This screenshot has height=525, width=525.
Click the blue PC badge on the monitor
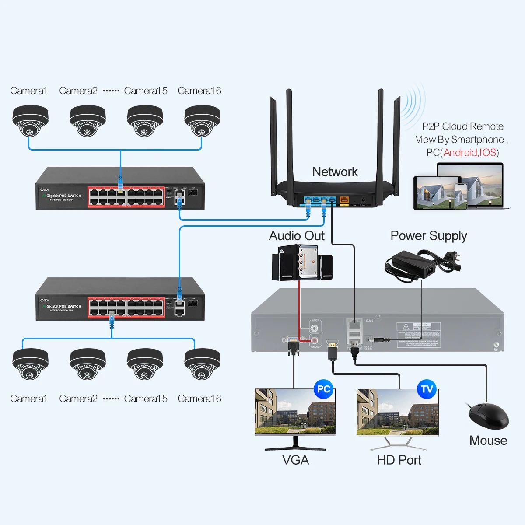coord(323,389)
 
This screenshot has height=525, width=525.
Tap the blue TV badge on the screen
coord(427,389)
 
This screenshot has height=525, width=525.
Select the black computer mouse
coord(489,416)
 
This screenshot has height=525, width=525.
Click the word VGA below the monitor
coord(295,460)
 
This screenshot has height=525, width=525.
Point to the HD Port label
coord(399,460)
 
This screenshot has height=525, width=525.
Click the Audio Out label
coord(297,236)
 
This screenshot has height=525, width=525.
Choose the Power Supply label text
coord(428,236)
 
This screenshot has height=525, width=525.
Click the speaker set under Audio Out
coord(302,262)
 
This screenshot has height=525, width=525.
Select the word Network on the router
coord(335,172)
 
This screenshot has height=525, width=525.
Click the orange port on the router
coord(344,200)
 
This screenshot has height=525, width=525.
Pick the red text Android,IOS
coord(470,153)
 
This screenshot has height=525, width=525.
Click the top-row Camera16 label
coord(199,91)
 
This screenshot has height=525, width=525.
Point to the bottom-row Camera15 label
coord(146,399)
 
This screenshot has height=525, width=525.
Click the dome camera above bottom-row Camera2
coord(87,364)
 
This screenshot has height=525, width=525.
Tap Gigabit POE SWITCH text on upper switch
coord(64,196)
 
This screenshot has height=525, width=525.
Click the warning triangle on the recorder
coord(406,327)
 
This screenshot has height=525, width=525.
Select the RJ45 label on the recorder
coord(370,321)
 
